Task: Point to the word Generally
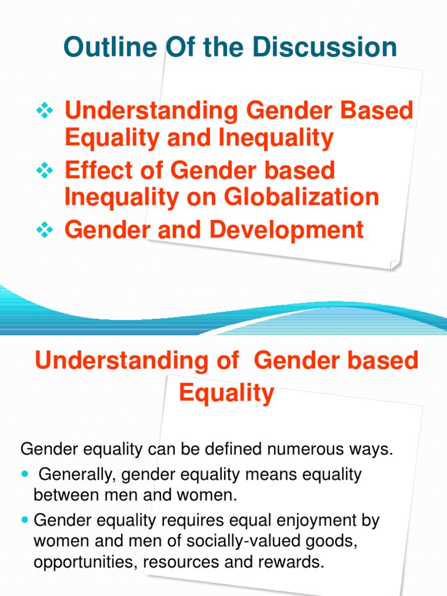(x=74, y=475)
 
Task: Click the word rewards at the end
(x=292, y=563)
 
